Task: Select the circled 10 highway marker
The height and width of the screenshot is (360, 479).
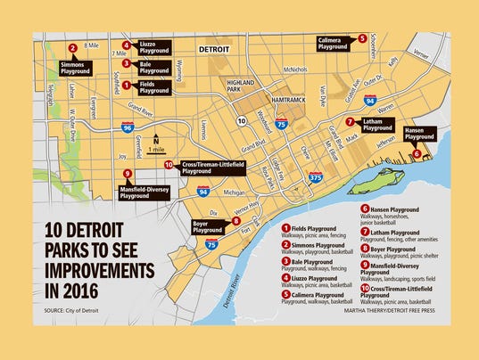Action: pos(242,119)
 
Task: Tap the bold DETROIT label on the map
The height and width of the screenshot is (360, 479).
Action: pos(213,50)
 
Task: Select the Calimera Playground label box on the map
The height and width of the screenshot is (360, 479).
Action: pos(332,43)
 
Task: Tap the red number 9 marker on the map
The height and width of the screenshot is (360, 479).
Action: pos(128,175)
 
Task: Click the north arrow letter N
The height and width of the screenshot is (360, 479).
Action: pos(154,138)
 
